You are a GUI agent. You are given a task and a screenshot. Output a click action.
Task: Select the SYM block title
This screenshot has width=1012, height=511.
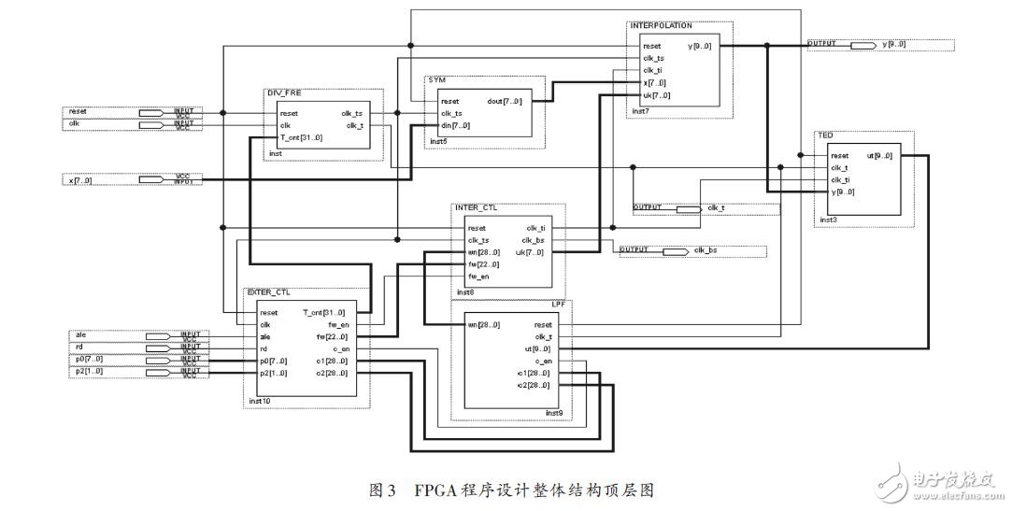click(x=435, y=81)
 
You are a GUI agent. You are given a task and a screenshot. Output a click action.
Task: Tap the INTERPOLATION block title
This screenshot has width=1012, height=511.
click(x=662, y=25)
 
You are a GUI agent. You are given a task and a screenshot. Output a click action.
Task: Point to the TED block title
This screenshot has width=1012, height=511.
click(x=826, y=135)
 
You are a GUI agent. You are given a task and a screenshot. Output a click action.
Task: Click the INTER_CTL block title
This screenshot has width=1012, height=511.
click(x=474, y=207)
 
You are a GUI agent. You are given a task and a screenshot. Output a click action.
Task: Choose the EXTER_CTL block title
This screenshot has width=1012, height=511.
click(x=268, y=292)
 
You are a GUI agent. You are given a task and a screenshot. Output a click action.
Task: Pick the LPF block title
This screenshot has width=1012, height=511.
click(x=557, y=304)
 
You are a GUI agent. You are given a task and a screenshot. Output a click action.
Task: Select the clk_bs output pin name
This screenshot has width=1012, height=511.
click(x=706, y=251)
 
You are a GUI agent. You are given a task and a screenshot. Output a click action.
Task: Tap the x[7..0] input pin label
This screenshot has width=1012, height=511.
click(x=80, y=179)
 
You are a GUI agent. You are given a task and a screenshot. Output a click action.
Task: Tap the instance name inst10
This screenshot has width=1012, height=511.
click(x=260, y=402)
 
